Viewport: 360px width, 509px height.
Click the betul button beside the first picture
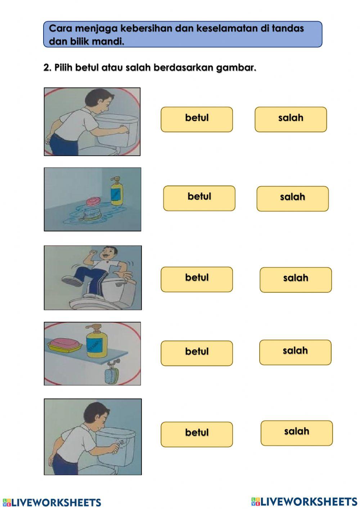[197, 119]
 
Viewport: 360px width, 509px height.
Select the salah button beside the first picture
[291, 119]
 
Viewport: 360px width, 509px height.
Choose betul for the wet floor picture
[199, 198]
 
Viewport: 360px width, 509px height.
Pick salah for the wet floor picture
[292, 198]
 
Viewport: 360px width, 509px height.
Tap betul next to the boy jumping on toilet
[197, 279]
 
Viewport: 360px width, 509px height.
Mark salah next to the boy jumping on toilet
[296, 280]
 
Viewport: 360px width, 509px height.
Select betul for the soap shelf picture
[197, 353]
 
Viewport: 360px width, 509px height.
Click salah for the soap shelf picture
[295, 352]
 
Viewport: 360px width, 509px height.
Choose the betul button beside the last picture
[197, 434]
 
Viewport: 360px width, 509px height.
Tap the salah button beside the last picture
[297, 433]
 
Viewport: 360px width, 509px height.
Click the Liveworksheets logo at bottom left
[52, 502]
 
